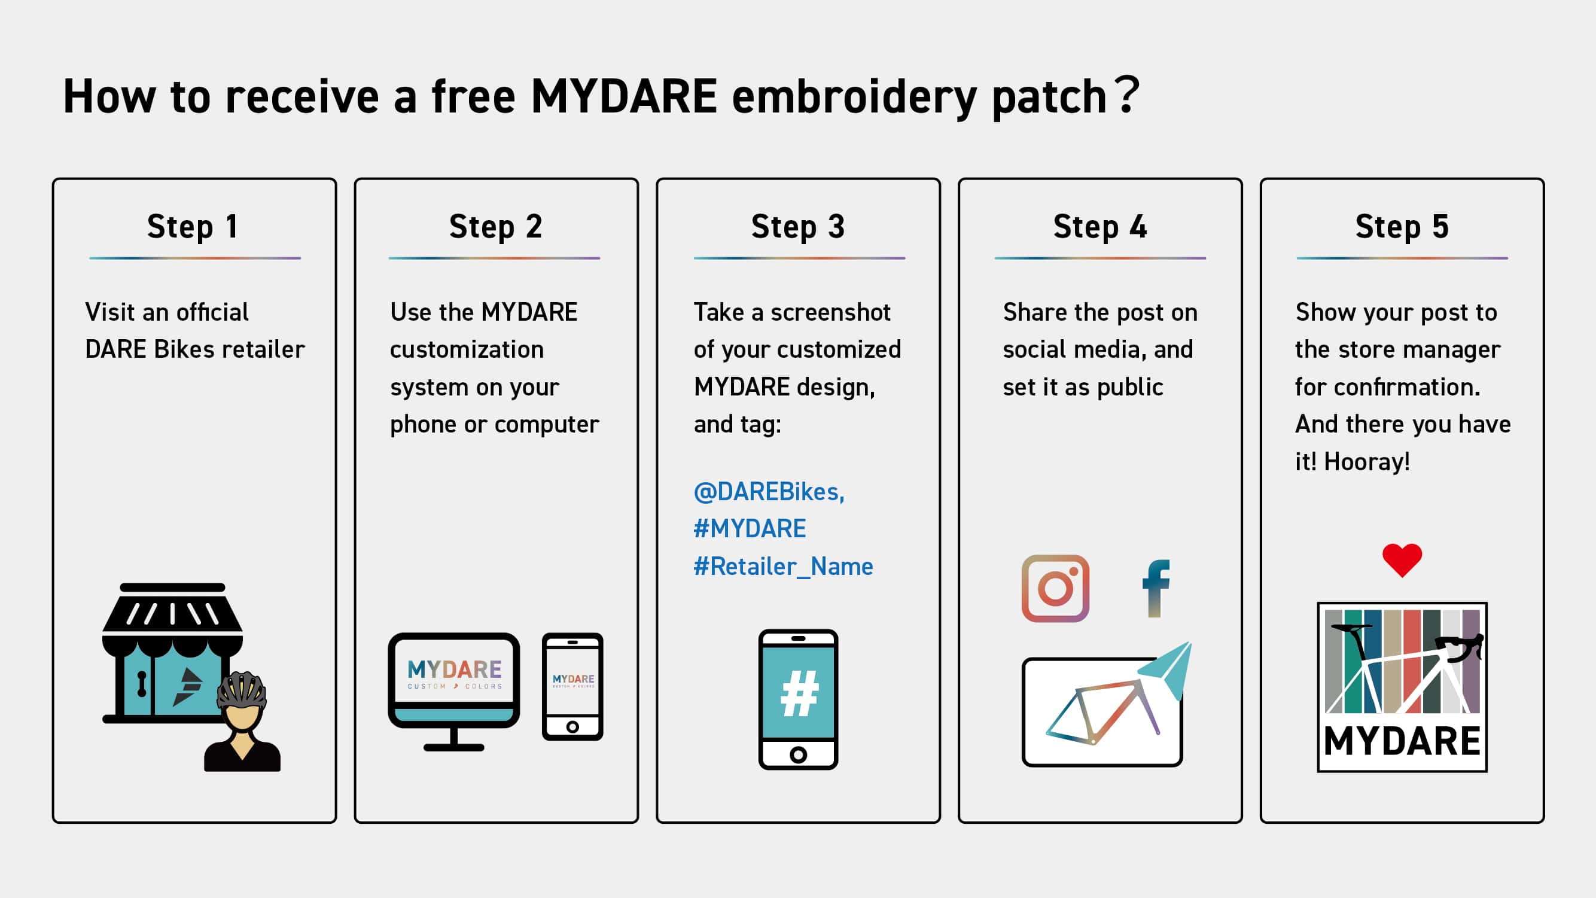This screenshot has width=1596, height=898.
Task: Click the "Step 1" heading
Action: click(x=193, y=227)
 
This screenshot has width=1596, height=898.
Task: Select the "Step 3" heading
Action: click(x=798, y=227)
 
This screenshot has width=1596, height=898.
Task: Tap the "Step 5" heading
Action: click(x=1402, y=227)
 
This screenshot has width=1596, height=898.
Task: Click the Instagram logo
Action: click(x=1055, y=588)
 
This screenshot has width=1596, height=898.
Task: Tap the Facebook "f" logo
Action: click(x=1156, y=588)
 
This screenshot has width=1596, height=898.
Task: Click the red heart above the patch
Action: click(x=1402, y=559)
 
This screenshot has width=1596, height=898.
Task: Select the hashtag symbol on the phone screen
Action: click(x=799, y=693)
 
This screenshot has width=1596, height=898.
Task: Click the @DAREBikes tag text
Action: click(x=769, y=491)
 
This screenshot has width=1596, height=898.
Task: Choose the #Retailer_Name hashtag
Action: click(x=783, y=567)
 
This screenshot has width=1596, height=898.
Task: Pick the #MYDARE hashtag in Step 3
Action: click(x=750, y=529)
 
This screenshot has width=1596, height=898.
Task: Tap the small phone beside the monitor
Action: click(x=572, y=687)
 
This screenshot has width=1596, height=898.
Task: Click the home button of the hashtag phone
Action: click(x=799, y=755)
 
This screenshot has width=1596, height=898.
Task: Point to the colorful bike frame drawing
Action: click(x=1103, y=711)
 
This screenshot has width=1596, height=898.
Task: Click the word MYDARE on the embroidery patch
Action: click(x=1402, y=741)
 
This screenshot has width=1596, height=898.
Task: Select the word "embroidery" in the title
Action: click(x=854, y=98)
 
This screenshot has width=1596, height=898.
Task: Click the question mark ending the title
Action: click(x=1128, y=94)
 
